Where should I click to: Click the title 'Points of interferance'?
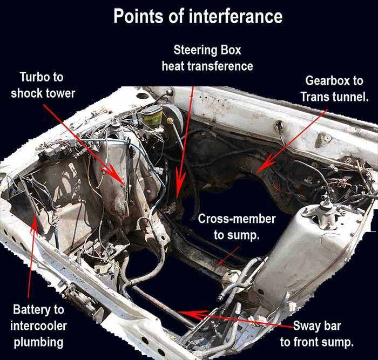point(198,16)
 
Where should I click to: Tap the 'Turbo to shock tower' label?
point(43,85)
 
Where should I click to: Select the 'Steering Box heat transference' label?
point(207,58)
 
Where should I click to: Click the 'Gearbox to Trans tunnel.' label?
point(334,89)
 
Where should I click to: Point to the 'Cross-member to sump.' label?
point(237,227)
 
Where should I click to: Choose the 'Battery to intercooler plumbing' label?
point(38,326)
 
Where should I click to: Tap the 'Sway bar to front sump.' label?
point(317,334)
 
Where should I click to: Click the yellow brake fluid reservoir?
point(152,116)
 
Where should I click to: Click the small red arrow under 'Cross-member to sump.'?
point(228,256)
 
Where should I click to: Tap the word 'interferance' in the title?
point(235,16)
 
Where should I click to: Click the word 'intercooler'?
point(38,326)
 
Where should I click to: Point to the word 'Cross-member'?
point(237,219)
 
